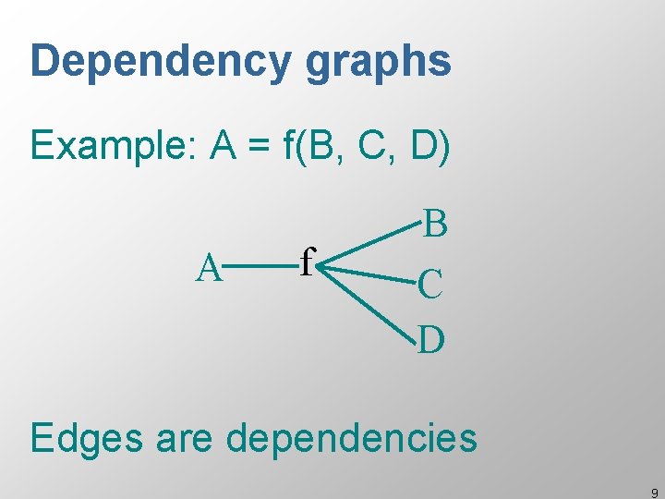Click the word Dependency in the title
tap(161, 62)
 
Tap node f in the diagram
tap(308, 262)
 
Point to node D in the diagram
tap(432, 340)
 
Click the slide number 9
tap(654, 493)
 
